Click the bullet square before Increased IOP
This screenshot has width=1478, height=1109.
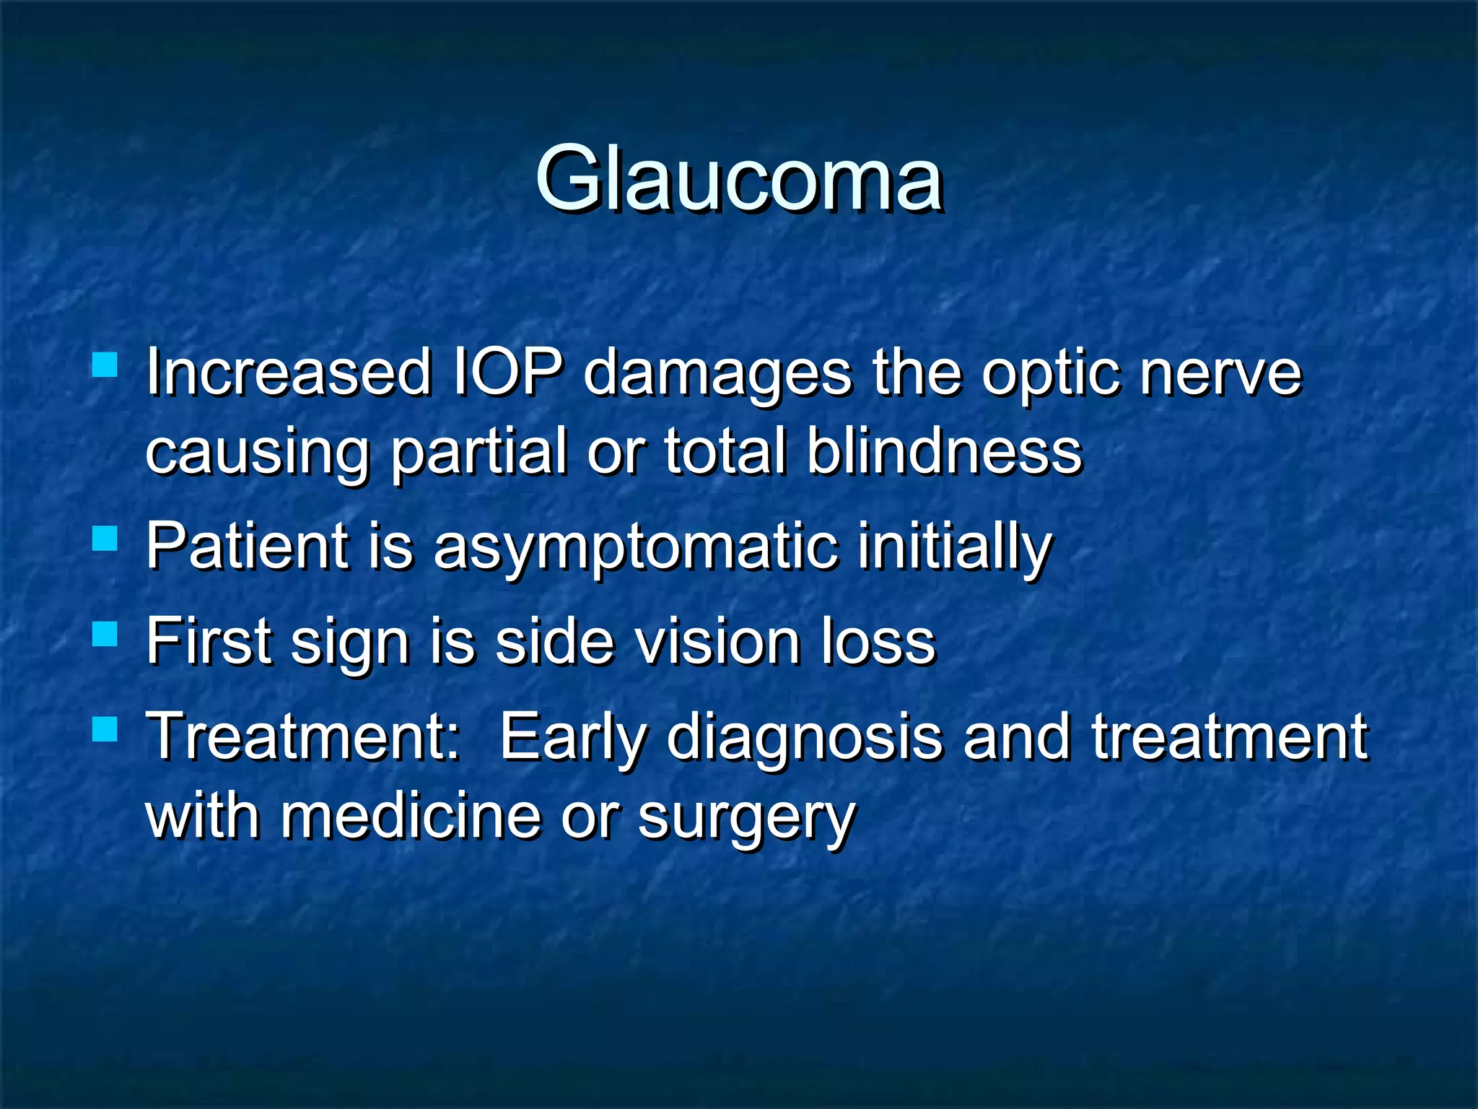click(x=105, y=365)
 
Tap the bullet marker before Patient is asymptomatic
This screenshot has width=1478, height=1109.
click(x=105, y=538)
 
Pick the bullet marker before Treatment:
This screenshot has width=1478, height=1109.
click(x=105, y=729)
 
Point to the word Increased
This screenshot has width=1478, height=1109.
click(x=288, y=373)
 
